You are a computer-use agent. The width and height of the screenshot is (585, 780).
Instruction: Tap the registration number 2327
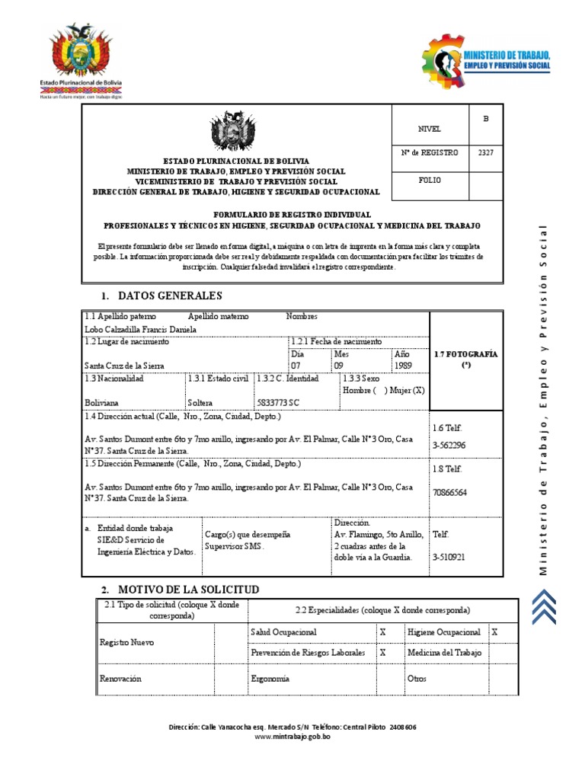[485, 152]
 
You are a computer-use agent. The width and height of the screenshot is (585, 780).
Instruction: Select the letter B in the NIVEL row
[485, 120]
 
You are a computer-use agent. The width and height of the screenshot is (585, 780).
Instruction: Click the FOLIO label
[430, 181]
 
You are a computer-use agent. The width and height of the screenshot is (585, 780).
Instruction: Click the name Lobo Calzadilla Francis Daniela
[141, 329]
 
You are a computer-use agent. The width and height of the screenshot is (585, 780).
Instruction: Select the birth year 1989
[403, 366]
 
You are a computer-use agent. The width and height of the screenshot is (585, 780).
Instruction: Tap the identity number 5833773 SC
[278, 402]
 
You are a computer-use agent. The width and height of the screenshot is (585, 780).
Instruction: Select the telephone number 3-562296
[449, 445]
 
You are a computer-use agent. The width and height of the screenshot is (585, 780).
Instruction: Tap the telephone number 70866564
[449, 493]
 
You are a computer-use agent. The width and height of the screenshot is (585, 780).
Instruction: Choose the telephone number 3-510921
[449, 558]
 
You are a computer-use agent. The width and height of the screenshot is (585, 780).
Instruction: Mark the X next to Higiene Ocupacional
[494, 632]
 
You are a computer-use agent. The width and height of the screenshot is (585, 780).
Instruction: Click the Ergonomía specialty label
[270, 679]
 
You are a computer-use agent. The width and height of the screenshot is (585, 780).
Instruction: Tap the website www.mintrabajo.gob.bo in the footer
[292, 737]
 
